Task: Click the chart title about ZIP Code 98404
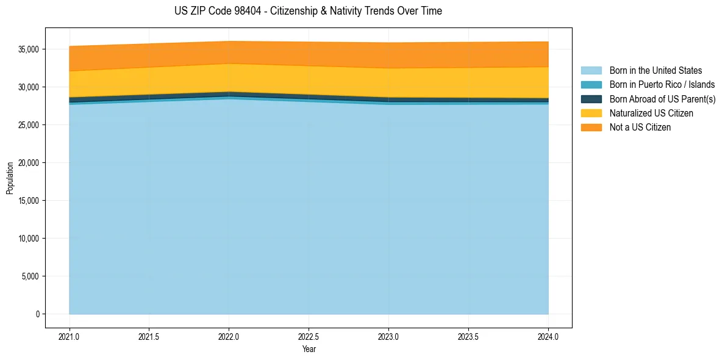[308, 11]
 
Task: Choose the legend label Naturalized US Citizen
[651, 113]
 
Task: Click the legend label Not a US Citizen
[640, 127]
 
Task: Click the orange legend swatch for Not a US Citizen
[591, 127]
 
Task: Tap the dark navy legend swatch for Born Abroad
[591, 99]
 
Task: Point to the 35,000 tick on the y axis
[29, 49]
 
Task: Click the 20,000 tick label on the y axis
[29, 163]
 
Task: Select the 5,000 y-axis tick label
[31, 276]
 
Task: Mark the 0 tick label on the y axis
[37, 314]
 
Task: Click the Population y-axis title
[10, 178]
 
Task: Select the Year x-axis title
[309, 349]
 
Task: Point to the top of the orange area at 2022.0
[229, 41]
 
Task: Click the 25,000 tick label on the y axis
[29, 125]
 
